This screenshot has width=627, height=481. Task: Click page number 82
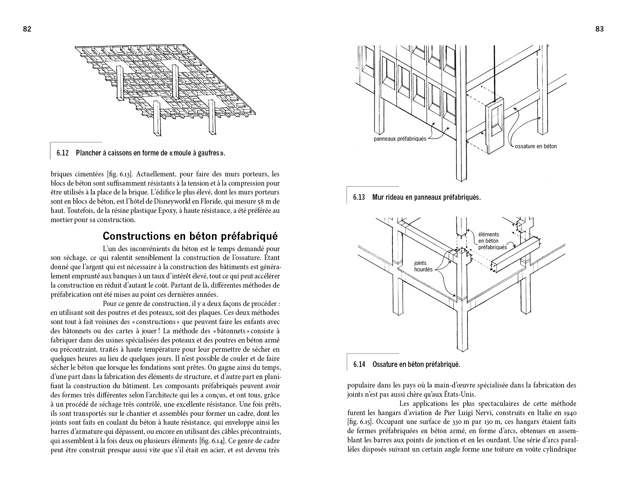pos(27,29)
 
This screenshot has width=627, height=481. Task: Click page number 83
pos(599,29)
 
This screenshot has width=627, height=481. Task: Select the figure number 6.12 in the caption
pos(62,153)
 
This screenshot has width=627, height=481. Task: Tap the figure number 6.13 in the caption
pos(359,197)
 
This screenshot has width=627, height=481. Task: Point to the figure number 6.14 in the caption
pos(359,364)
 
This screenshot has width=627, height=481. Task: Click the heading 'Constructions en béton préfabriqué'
pos(190,236)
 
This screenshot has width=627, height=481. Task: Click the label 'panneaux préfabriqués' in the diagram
pos(400,139)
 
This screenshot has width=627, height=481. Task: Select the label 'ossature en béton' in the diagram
pos(536,146)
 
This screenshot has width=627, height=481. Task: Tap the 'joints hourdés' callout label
pos(423,266)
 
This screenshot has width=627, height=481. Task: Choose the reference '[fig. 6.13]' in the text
pos(120,174)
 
